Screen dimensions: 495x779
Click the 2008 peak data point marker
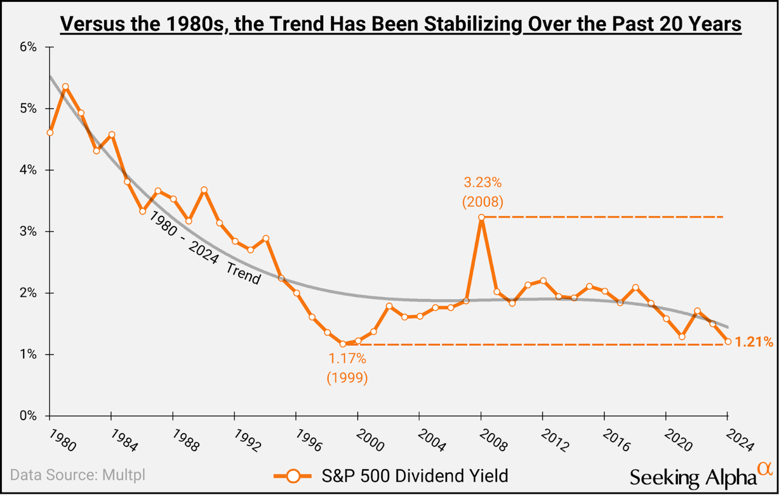[x=481, y=217]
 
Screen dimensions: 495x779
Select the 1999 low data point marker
[x=343, y=344]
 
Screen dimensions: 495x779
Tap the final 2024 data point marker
[x=727, y=341]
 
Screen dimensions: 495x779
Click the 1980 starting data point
[x=50, y=133]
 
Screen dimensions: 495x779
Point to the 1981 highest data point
[x=65, y=87]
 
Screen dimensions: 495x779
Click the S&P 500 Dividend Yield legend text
[x=414, y=476]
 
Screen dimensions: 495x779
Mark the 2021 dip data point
[x=682, y=336]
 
